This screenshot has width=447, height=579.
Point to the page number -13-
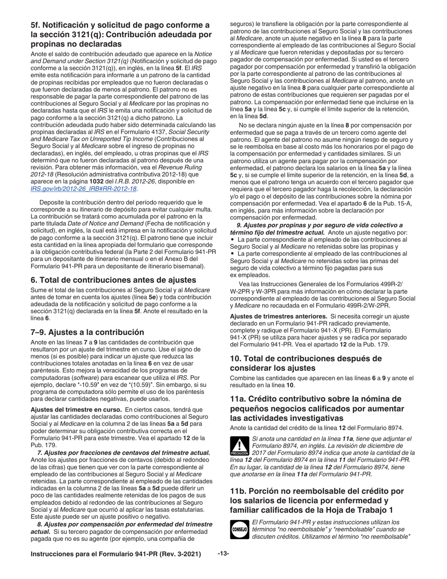coord(223,554)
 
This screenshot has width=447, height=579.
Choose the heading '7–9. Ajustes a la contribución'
coord(87,332)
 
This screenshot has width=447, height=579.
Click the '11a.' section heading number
coord(239,399)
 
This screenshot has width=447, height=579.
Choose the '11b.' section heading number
coord(239,491)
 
